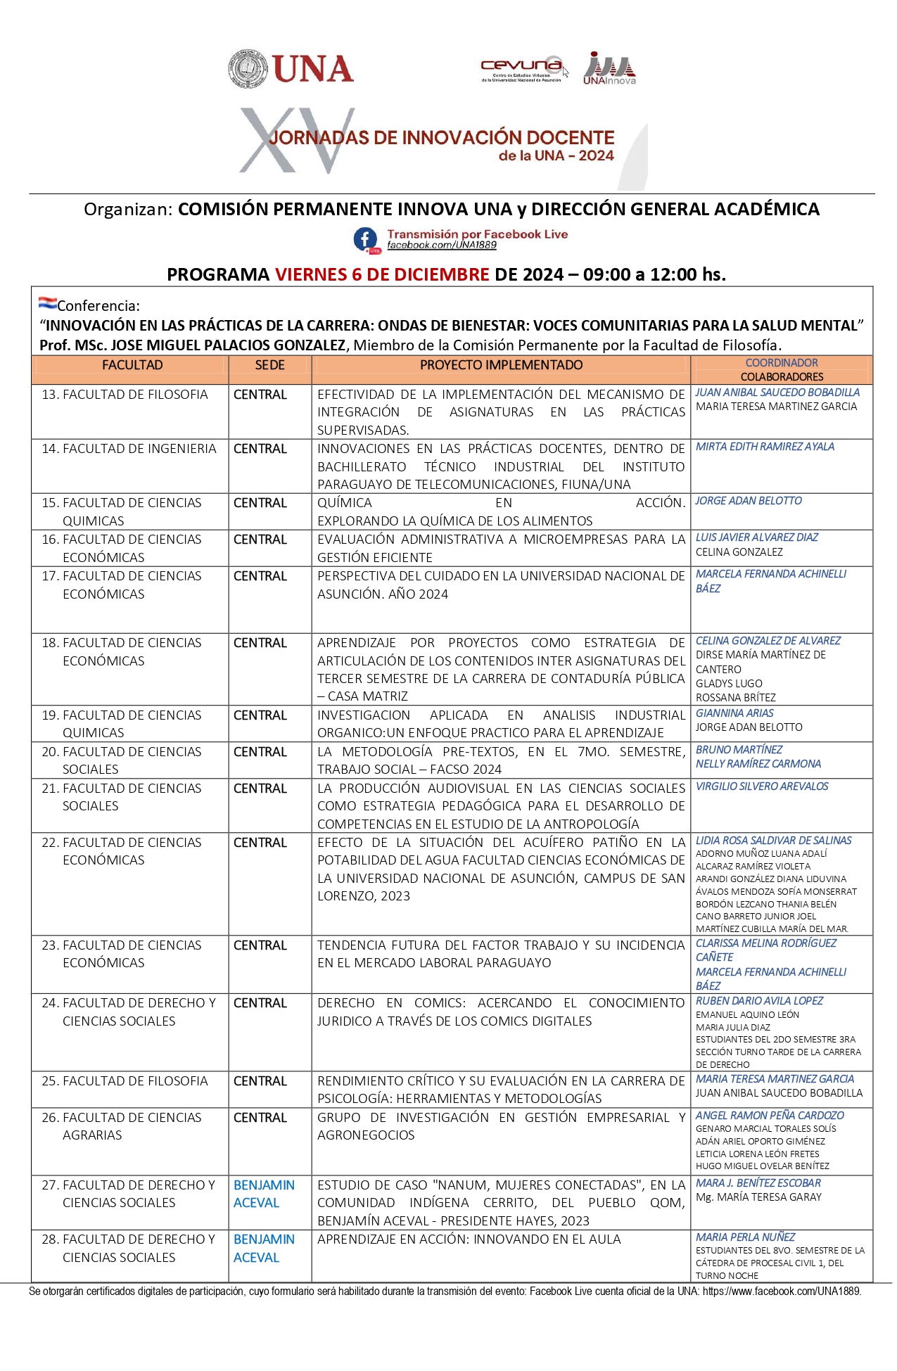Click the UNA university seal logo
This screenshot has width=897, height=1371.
coord(248,69)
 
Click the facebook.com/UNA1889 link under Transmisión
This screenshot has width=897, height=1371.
coord(442,245)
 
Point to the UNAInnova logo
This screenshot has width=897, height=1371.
coord(609,68)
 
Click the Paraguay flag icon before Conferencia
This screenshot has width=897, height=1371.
coord(47,303)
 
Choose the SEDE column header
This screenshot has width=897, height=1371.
coord(269,365)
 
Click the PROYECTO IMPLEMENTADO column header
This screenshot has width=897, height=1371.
coord(501,365)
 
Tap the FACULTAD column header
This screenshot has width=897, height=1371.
coord(132,365)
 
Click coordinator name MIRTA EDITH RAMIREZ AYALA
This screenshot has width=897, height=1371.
coord(765,447)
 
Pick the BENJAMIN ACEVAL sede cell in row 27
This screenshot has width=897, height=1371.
coord(264,1194)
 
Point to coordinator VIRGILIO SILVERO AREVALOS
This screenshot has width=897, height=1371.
coord(762,786)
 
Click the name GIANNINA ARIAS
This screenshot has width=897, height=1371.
coord(734,713)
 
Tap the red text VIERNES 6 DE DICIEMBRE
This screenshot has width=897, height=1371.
coord(381,274)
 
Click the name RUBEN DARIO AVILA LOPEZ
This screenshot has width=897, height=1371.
coord(759,1001)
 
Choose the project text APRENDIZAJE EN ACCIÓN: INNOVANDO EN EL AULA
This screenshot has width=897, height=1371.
coord(469,1239)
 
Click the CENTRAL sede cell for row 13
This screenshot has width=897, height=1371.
coord(260,395)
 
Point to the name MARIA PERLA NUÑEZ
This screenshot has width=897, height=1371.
coord(745,1237)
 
